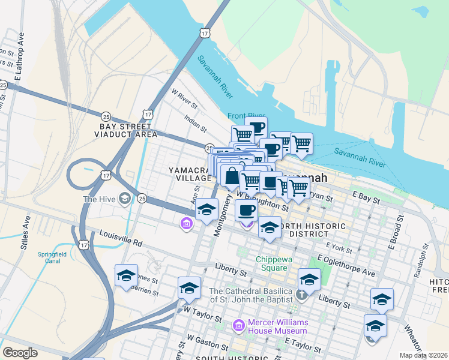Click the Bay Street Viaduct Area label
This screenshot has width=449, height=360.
(126, 131)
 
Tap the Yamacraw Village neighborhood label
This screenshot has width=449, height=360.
(190, 174)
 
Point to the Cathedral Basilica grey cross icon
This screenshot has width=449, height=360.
(302, 294)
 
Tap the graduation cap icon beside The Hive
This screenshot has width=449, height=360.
(125, 199)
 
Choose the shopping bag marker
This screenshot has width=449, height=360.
(231, 176)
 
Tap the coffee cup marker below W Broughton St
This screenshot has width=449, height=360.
(246, 210)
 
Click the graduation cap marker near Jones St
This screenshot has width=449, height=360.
(126, 275)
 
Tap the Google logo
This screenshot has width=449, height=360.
(20, 353)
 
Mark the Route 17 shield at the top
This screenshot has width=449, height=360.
(206, 33)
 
